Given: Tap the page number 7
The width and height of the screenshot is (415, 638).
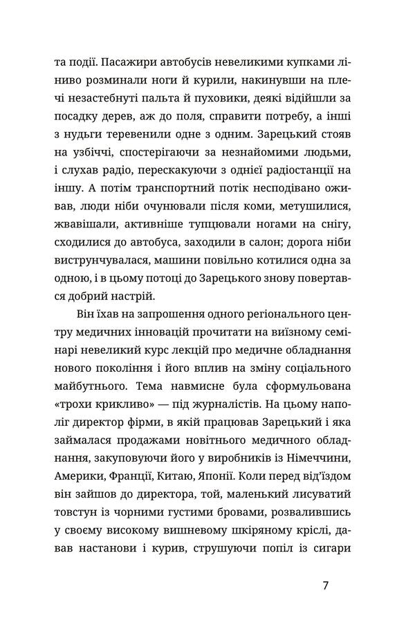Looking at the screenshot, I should pos(325,606).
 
